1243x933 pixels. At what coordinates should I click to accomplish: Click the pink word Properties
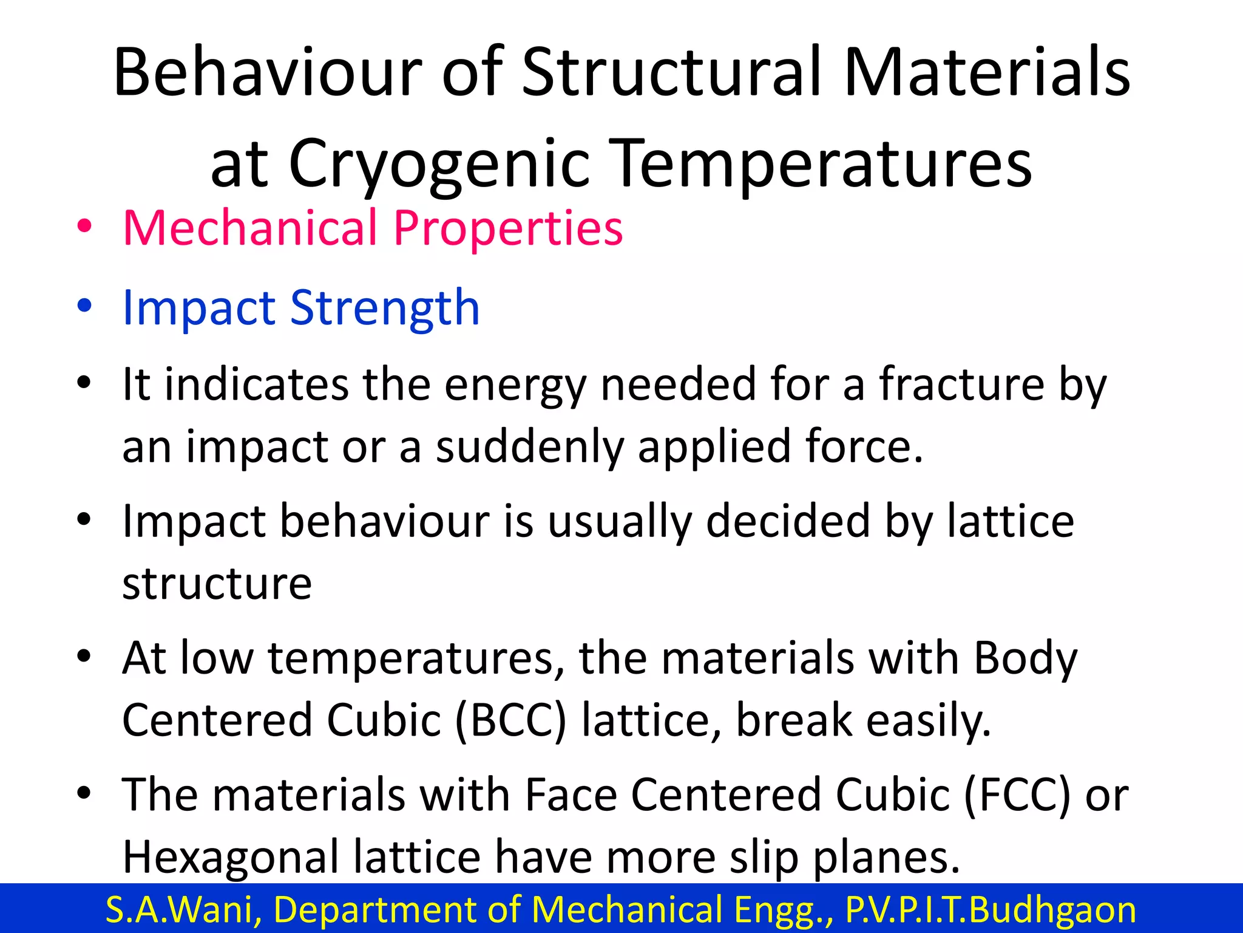(x=508, y=229)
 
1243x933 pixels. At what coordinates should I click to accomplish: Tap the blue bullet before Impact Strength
(x=84, y=306)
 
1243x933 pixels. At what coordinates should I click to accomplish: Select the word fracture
(x=962, y=384)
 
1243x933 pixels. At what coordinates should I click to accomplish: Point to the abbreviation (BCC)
(x=510, y=720)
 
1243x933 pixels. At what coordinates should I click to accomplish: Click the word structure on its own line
(x=217, y=584)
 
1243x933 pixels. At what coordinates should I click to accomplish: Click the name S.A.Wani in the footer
(x=183, y=909)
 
